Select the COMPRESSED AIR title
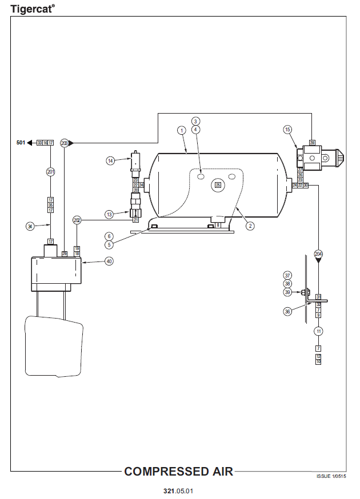[178, 472]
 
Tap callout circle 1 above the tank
[181, 130]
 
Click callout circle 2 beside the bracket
[250, 226]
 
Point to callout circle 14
[110, 161]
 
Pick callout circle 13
[110, 214]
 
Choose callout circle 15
[287, 130]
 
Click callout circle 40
[109, 261]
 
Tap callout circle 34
[30, 226]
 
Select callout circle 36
[287, 312]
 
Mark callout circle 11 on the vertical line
[318, 331]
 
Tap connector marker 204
[318, 253]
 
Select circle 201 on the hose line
[50, 171]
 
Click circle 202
[77, 220]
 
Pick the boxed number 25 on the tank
[217, 184]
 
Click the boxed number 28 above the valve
[312, 142]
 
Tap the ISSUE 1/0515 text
[331, 476]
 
